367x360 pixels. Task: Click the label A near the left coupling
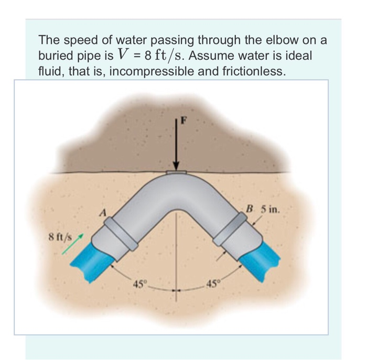(104, 212)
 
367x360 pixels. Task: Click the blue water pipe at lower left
(100, 261)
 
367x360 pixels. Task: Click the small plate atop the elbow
(176, 172)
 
